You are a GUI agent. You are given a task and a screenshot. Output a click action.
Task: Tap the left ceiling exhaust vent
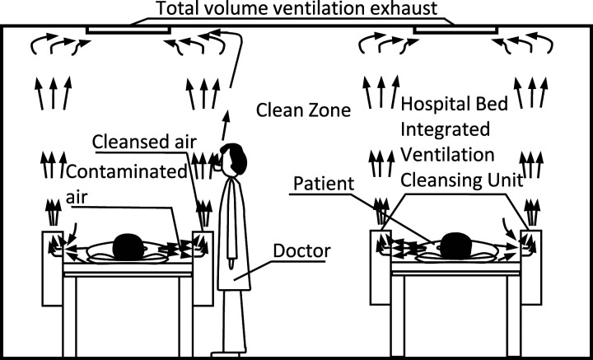pyautogui.click(x=128, y=30)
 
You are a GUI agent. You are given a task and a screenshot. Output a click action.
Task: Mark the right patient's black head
pyautogui.click(x=455, y=245)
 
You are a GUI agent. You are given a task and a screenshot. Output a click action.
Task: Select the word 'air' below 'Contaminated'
pyautogui.click(x=75, y=198)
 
